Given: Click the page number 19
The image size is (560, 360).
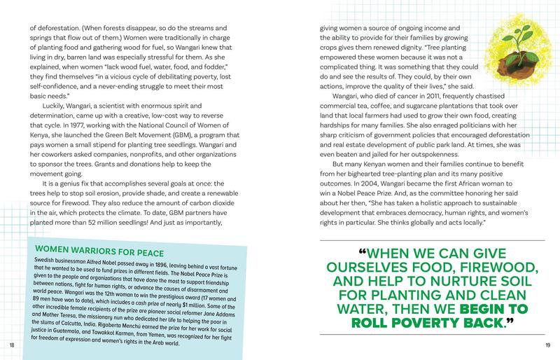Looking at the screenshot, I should click(x=547, y=345).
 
